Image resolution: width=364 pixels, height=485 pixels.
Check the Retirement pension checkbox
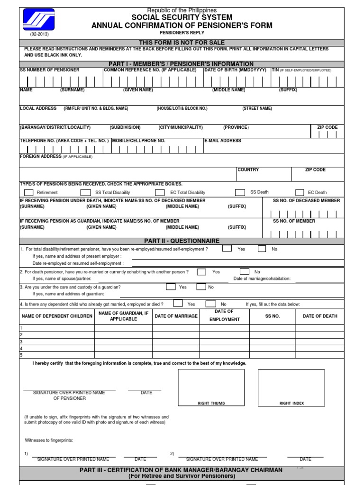(29, 192)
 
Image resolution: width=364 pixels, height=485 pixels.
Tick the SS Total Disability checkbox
(85, 192)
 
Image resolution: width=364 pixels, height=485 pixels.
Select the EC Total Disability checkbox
(160, 192)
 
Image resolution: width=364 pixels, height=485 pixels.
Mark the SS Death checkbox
(240, 192)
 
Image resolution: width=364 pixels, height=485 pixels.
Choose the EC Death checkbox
(300, 192)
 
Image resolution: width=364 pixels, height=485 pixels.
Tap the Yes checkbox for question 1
(227, 249)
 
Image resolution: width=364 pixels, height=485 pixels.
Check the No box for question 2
(244, 272)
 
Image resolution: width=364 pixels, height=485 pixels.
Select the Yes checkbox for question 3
(171, 287)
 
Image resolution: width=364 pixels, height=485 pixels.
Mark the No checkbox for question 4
(211, 304)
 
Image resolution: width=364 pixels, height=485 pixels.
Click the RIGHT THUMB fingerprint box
(211, 388)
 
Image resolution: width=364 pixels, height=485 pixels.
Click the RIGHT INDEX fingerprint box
(291, 388)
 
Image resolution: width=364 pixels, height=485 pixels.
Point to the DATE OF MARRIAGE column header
(176, 316)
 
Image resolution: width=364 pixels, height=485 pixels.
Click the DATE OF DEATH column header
(320, 316)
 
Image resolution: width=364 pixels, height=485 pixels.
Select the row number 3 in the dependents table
(21, 341)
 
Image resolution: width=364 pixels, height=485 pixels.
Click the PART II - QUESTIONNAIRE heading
(182, 241)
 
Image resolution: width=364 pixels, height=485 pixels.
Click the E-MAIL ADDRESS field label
(223, 141)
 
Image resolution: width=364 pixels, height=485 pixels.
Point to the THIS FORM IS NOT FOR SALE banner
(182, 43)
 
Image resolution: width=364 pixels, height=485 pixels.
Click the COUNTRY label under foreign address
(248, 170)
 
